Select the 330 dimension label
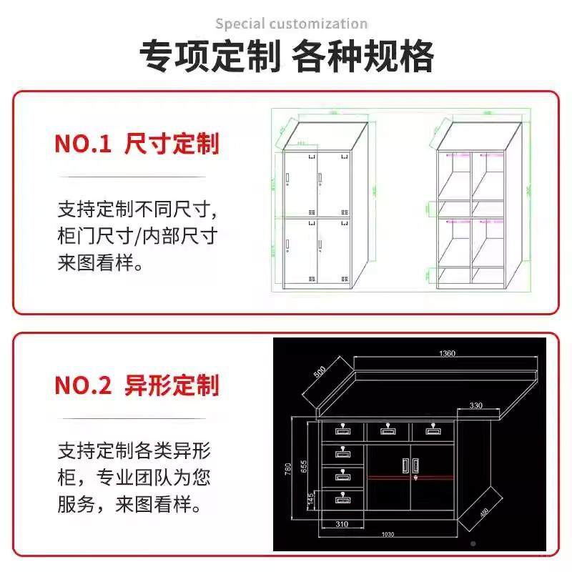[x=475, y=405]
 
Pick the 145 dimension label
[x=309, y=498]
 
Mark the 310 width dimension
[x=342, y=525]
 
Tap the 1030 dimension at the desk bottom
[x=388, y=536]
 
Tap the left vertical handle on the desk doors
[x=405, y=465]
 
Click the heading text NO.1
[x=83, y=144]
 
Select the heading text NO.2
[x=83, y=386]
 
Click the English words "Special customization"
[x=292, y=24]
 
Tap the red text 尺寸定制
[x=172, y=144]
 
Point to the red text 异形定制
[x=172, y=386]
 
